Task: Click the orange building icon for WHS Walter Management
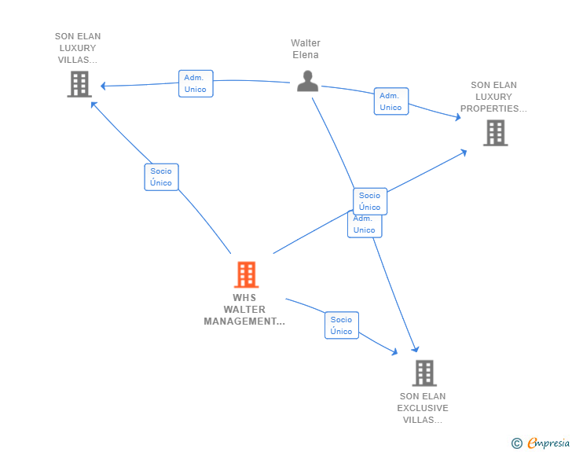click(x=246, y=275)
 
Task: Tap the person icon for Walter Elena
click(x=307, y=80)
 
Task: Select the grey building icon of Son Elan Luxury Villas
click(x=79, y=84)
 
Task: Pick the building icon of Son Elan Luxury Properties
click(x=495, y=133)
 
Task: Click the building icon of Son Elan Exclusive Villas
click(x=423, y=373)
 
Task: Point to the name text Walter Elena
click(x=306, y=49)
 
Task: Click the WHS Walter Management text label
click(x=244, y=310)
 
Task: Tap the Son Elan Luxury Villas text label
click(x=78, y=48)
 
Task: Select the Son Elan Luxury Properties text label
click(x=493, y=97)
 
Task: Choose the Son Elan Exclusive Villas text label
click(x=423, y=408)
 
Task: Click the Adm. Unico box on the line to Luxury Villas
click(x=196, y=83)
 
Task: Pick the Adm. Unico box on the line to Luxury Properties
click(x=390, y=101)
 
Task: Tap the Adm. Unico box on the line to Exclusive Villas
click(x=364, y=225)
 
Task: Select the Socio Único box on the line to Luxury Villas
click(x=161, y=177)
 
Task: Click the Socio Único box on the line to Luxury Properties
click(x=370, y=200)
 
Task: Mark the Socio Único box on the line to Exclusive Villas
click(x=342, y=325)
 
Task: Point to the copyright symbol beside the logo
click(x=517, y=444)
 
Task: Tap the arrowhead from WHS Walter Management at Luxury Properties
click(x=464, y=152)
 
